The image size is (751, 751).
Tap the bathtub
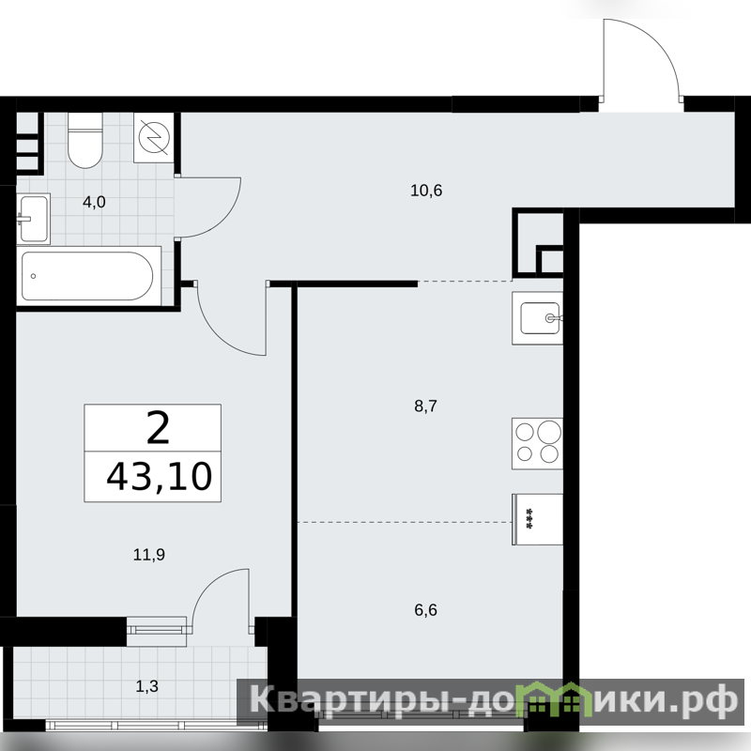pos(88,276)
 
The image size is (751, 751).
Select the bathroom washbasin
pos(34,219)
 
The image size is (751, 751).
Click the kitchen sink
pos(538,318)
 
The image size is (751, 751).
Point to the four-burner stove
pos(537,443)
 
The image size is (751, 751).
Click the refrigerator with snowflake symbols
pos(537,519)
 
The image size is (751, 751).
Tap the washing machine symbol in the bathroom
pos(154,137)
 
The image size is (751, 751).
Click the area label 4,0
pos(94,202)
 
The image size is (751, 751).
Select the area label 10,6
pos(426,191)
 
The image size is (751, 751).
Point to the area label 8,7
pos(426,406)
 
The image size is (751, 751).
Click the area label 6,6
pos(426,610)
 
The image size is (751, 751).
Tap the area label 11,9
pos(149,555)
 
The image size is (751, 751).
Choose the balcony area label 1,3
pos(147,686)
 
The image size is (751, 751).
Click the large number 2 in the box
pos(158,428)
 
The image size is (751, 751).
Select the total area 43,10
pos(159,477)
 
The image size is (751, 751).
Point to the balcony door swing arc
pos(207,587)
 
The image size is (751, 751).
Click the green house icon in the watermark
pos(557,700)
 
